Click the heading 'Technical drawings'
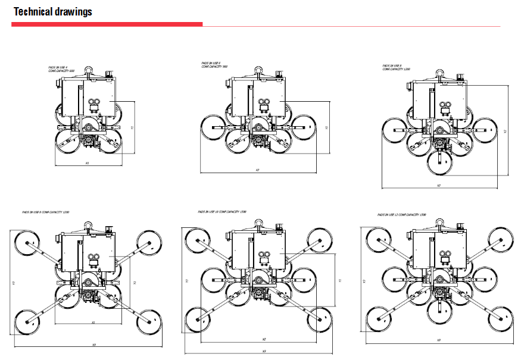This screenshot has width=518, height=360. (52, 12)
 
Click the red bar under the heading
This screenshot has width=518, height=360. (107, 24)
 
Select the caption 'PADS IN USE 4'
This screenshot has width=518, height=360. (58, 68)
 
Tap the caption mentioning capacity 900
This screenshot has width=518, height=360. (214, 66)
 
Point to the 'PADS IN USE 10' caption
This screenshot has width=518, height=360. (222, 212)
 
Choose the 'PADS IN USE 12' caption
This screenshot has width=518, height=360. (402, 214)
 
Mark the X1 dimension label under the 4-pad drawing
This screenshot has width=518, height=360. (87, 162)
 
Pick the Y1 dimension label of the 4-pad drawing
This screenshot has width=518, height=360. (132, 127)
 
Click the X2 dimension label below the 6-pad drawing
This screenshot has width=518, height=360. (257, 171)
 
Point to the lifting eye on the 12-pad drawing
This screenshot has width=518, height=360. (441, 222)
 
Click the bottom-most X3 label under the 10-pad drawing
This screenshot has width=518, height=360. (264, 351)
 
